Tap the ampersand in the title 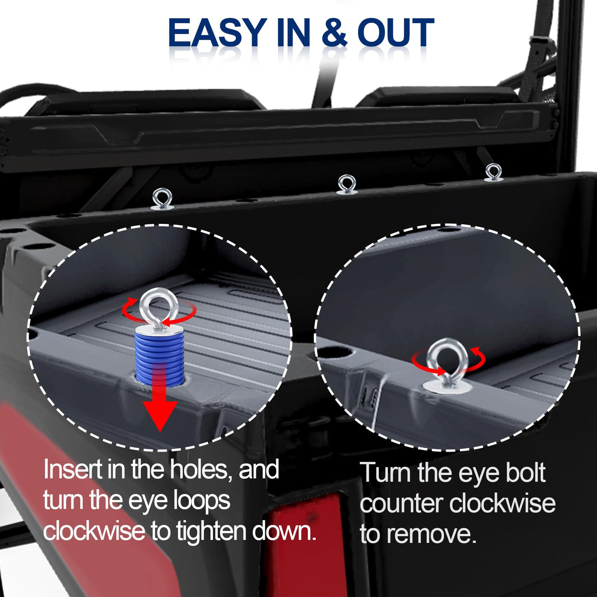point(335,32)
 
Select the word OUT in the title point(396,32)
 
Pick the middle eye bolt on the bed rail point(346,185)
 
